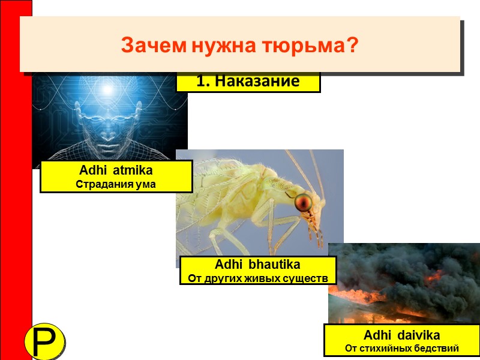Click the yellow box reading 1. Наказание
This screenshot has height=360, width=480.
[248, 82]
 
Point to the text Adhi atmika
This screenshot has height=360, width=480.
[116, 171]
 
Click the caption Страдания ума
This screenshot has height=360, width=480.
[116, 184]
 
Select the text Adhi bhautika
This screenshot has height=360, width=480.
[257, 265]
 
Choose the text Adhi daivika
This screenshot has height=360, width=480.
[401, 335]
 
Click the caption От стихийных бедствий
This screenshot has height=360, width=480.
[401, 348]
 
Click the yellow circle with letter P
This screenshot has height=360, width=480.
[45, 342]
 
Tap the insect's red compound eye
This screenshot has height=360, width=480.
[304, 202]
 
